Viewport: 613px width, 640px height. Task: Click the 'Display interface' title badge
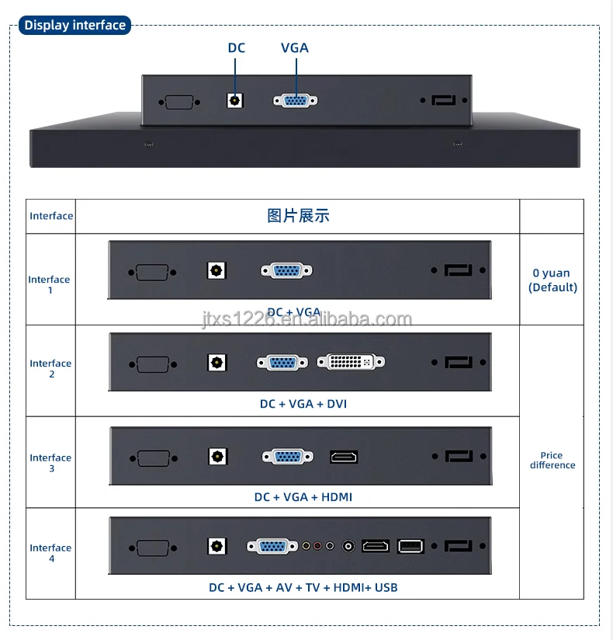click(x=74, y=25)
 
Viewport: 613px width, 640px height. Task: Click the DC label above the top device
click(x=237, y=48)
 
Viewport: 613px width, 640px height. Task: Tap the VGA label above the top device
click(x=295, y=48)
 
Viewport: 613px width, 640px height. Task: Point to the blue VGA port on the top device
click(x=295, y=100)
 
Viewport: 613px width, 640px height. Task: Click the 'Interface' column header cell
click(x=51, y=216)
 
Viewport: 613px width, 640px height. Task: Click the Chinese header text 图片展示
click(x=298, y=216)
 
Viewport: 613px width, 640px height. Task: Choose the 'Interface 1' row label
click(x=50, y=284)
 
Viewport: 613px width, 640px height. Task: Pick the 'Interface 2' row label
click(x=50, y=368)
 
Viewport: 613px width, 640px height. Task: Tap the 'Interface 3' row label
click(x=50, y=463)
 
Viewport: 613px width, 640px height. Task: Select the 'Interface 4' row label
click(x=50, y=553)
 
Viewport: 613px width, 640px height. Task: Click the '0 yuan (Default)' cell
click(x=552, y=280)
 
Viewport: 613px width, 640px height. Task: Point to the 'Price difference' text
click(x=552, y=461)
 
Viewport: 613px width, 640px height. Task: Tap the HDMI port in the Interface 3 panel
click(x=344, y=457)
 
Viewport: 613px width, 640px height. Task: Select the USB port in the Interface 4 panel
click(x=410, y=546)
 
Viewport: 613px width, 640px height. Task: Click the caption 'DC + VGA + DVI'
click(x=298, y=404)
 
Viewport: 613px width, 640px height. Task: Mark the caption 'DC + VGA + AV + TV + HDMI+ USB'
click(x=303, y=587)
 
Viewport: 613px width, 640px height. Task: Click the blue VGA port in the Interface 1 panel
click(x=286, y=270)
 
